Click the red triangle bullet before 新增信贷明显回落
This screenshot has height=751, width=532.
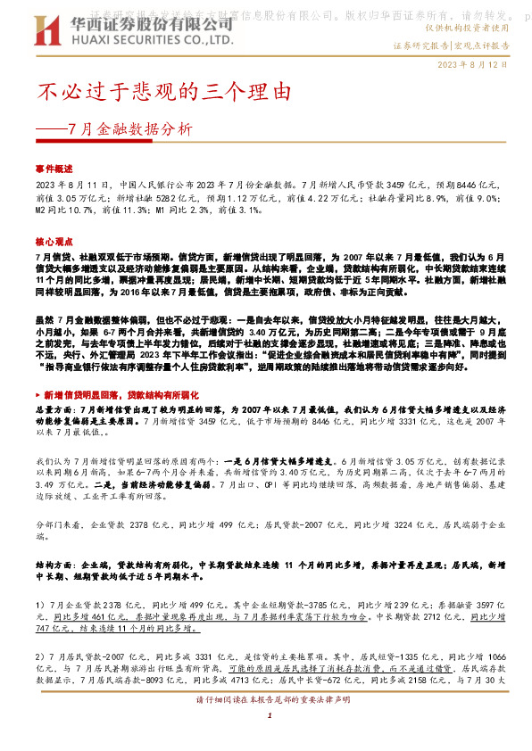tap(38, 367)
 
